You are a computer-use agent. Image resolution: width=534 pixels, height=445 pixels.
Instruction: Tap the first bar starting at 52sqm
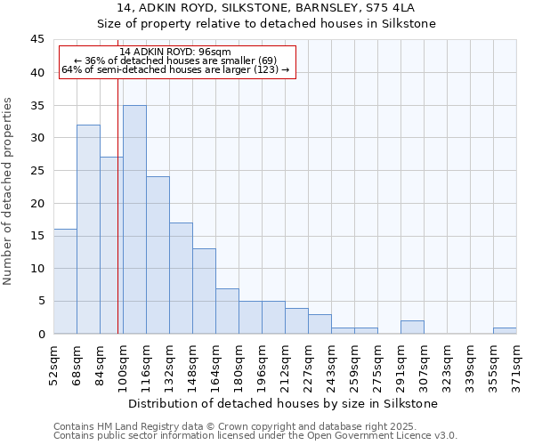65,281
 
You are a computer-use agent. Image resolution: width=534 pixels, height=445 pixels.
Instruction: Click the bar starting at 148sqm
204,291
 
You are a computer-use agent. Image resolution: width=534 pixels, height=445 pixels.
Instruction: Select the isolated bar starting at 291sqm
412,328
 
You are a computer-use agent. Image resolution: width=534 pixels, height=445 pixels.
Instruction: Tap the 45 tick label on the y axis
37,40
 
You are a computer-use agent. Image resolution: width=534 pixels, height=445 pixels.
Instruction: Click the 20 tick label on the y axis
37,203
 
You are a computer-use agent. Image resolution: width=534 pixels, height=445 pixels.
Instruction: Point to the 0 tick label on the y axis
41,334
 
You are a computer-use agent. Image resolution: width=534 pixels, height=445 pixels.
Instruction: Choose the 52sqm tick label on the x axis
53,360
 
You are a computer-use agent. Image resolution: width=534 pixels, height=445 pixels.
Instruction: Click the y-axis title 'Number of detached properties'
9,191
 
